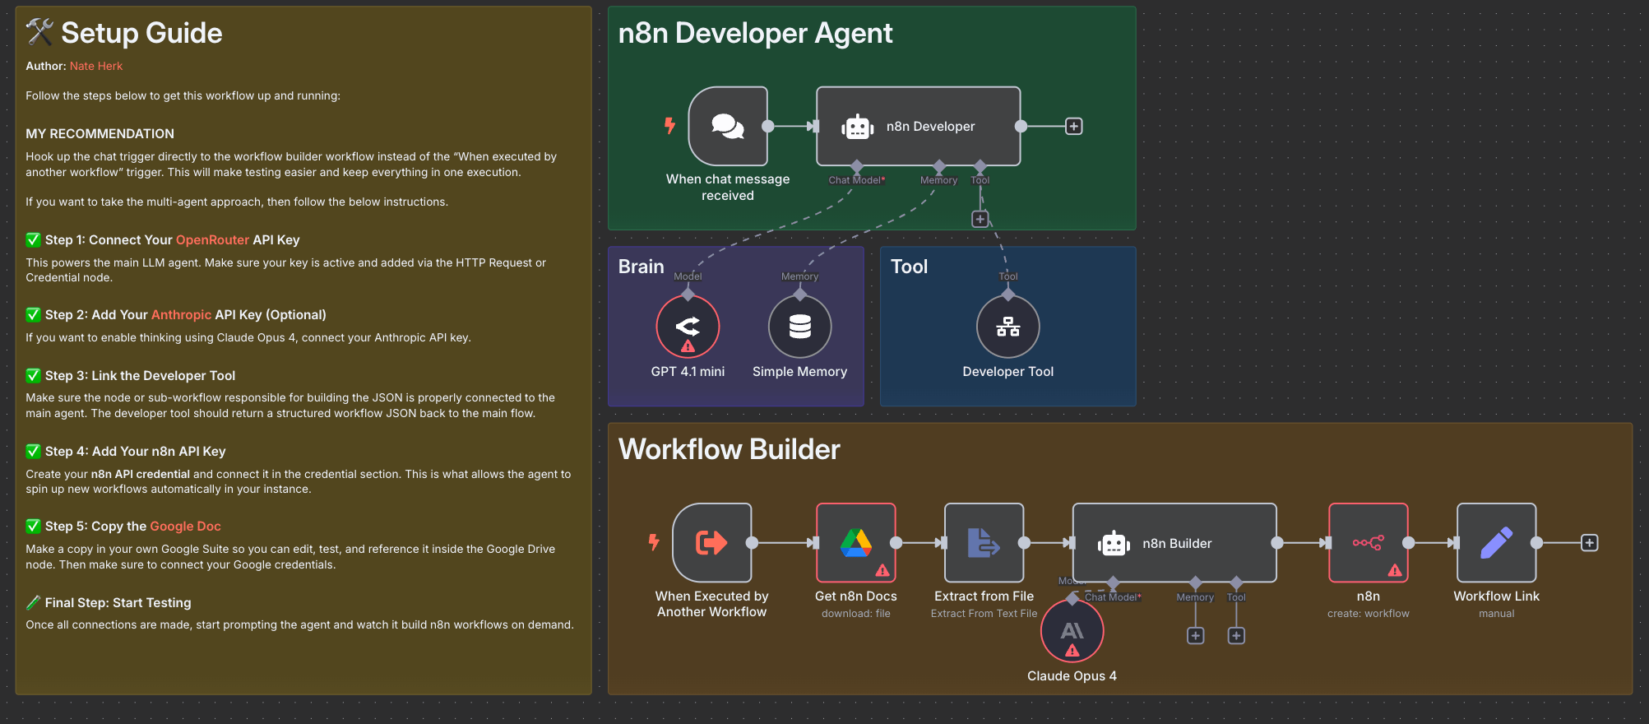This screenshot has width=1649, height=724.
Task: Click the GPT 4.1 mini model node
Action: (x=688, y=327)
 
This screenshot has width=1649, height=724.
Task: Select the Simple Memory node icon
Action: (x=799, y=327)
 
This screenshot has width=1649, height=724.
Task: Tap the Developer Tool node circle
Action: (x=1007, y=327)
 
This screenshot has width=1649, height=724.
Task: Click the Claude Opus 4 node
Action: (x=1072, y=631)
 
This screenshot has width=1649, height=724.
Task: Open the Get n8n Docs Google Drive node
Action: (x=855, y=543)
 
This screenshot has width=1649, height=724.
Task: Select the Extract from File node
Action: (x=984, y=543)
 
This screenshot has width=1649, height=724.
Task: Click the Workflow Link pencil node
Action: (x=1496, y=543)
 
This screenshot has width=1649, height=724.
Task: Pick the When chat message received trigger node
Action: (x=728, y=127)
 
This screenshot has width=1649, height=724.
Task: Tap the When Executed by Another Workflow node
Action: (x=711, y=543)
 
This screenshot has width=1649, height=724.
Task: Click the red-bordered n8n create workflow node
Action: (x=1368, y=543)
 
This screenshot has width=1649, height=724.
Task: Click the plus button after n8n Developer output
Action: (x=1073, y=127)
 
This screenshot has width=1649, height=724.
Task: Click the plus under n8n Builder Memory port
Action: (x=1195, y=636)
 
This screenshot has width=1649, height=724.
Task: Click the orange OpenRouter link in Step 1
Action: (x=212, y=240)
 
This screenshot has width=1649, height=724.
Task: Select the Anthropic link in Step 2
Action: (x=181, y=315)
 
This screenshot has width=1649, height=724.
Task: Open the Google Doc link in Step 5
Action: (x=185, y=527)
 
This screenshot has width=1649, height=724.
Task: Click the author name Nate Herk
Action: (x=95, y=67)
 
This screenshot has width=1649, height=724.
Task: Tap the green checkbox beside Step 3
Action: (x=33, y=376)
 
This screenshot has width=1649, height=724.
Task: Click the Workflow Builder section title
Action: (x=729, y=450)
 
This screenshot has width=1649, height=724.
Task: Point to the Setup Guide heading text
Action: (x=141, y=34)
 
